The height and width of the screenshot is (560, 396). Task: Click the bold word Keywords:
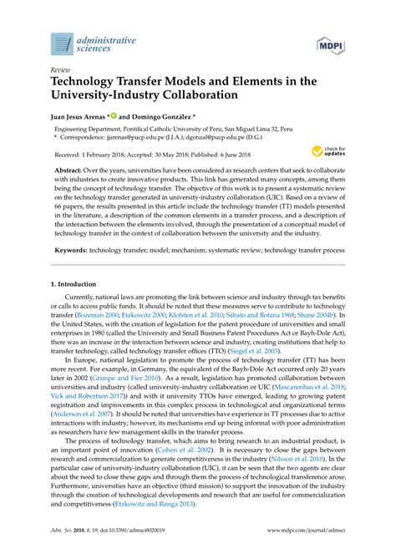point(71,249)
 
